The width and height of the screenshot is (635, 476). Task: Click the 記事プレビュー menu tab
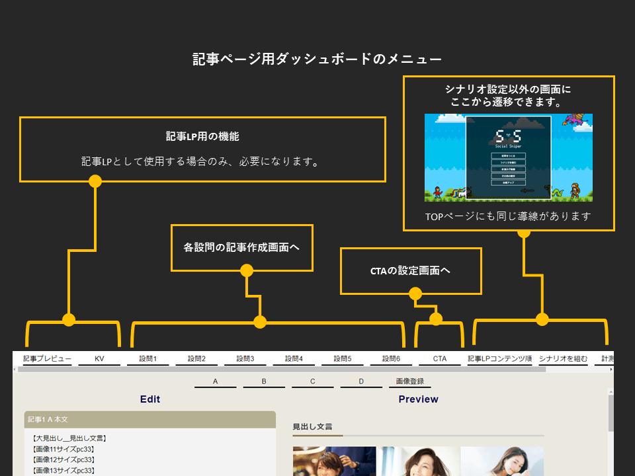[47, 359]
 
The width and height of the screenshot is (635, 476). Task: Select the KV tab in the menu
[99, 359]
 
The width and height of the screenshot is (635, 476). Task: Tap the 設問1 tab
[148, 359]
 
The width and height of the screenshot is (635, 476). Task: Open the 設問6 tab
[391, 359]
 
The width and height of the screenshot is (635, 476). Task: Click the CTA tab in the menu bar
[440, 359]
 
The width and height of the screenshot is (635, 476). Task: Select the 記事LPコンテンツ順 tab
[499, 359]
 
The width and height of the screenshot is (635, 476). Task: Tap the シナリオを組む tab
[563, 359]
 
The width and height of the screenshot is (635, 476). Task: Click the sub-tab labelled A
[215, 382]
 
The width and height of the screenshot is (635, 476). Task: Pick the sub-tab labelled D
[361, 382]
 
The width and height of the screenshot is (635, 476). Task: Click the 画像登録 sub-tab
[409, 382]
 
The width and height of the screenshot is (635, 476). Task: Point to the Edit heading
[150, 399]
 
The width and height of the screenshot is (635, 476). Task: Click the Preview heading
[418, 399]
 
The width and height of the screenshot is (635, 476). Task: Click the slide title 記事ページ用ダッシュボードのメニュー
[317, 59]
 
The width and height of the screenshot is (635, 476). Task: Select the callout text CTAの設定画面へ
[411, 271]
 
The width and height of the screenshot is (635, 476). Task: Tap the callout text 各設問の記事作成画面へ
[241, 248]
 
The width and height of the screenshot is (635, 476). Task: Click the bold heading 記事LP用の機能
[202, 137]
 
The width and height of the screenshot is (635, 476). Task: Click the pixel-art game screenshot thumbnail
[508, 157]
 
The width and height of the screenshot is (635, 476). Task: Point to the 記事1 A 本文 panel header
[149, 420]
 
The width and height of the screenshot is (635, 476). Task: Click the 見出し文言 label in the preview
[312, 427]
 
